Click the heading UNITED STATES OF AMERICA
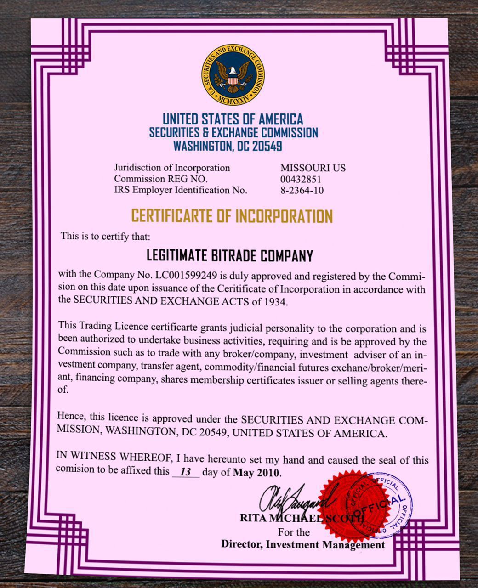233,119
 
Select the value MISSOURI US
313,168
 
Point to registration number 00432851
301,179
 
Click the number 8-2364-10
302,190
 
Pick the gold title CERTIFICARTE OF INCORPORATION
232,216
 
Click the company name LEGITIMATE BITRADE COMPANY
229,255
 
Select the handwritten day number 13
185,472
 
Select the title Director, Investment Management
303,545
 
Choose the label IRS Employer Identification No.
181,190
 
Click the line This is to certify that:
105,237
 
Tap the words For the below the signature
294,532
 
